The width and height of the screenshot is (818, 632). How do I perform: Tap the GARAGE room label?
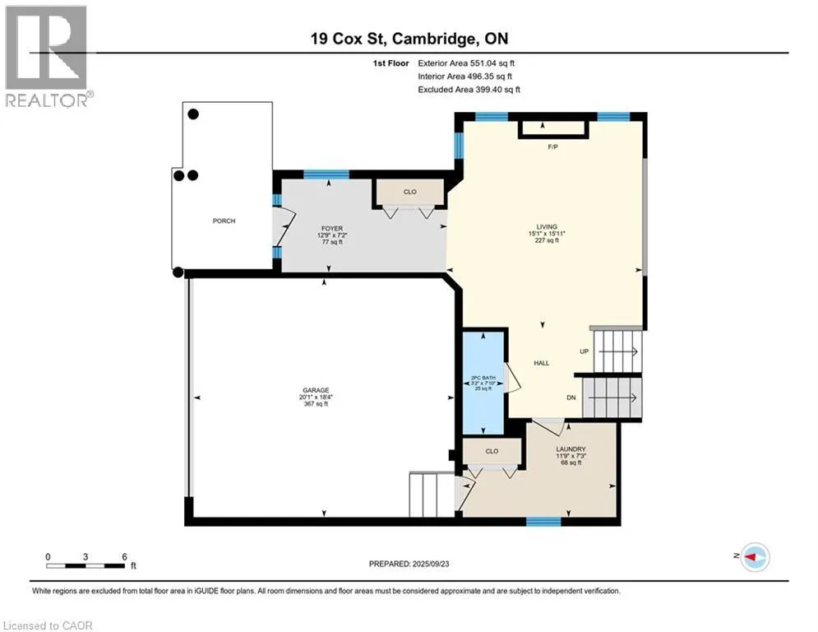[316, 391]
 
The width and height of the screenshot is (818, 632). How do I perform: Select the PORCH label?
[224, 221]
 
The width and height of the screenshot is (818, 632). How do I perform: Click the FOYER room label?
[331, 228]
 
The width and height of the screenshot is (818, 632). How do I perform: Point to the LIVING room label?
[547, 227]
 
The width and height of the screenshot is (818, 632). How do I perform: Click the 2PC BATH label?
[481, 379]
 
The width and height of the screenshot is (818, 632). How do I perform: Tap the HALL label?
[541, 363]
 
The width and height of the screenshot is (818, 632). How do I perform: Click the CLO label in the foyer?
[410, 192]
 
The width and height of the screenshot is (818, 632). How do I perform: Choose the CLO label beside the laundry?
[492, 451]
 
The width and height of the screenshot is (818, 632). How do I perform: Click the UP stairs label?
[585, 351]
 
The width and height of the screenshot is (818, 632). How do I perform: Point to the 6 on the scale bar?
[124, 556]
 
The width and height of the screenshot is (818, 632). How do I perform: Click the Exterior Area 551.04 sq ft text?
[466, 63]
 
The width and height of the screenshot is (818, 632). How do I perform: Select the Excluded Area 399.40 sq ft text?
[469, 90]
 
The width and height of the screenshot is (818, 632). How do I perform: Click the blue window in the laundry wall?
[543, 521]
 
